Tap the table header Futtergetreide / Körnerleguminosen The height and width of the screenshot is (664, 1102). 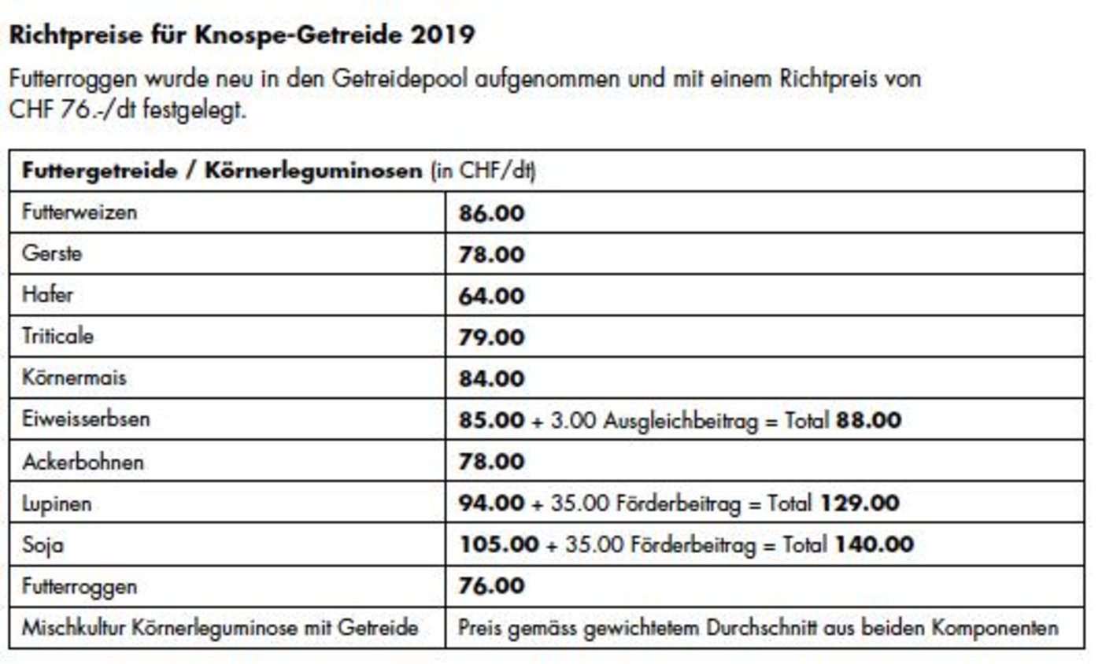click(222, 172)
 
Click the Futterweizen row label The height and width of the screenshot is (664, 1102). click(80, 212)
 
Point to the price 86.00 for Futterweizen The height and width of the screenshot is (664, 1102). click(491, 213)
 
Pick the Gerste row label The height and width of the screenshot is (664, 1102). click(52, 254)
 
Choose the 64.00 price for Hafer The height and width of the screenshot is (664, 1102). click(491, 296)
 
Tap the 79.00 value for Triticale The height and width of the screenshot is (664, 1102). click(491, 338)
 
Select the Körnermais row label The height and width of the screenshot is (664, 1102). click(74, 378)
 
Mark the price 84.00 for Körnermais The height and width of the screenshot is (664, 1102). click(491, 378)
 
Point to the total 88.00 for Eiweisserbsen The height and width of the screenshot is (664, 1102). click(868, 420)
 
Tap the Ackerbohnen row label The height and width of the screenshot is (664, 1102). click(83, 462)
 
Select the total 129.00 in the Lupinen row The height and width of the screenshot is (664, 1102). click(860, 503)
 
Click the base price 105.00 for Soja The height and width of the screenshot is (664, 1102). click(498, 544)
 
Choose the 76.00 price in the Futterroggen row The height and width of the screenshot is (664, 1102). click(491, 586)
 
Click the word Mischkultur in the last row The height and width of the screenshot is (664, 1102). click(70, 629)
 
